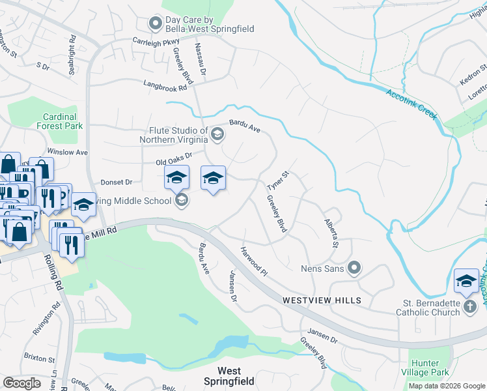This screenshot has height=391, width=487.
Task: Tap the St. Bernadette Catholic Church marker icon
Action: tap(470, 308)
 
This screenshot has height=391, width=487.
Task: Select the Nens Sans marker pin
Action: tap(354, 267)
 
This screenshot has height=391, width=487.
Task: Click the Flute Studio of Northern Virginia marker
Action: tap(217, 135)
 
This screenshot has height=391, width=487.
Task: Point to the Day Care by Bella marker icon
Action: tap(155, 24)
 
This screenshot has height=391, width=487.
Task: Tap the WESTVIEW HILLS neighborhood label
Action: tap(322, 300)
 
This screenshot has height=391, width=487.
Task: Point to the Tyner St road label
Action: tap(277, 182)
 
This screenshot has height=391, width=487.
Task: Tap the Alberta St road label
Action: tap(331, 233)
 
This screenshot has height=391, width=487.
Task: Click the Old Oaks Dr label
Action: tap(174, 158)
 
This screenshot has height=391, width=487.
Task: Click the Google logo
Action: tap(22, 383)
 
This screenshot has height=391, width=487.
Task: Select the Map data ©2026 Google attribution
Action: tap(447, 386)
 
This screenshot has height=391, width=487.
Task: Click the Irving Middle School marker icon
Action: tap(182, 200)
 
